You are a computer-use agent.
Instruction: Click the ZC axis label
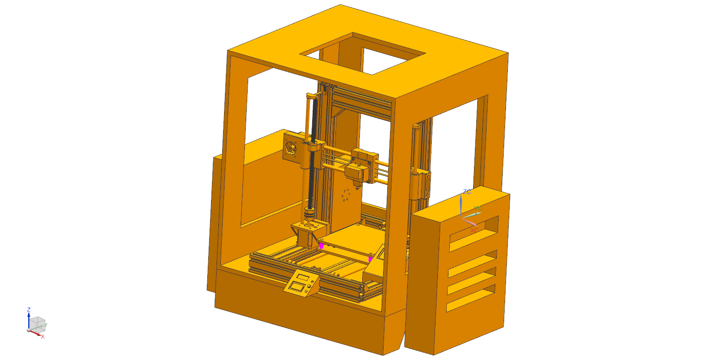click(x=467, y=192)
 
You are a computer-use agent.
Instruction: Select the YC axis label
click(x=478, y=209)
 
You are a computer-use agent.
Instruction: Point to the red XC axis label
click(x=474, y=230)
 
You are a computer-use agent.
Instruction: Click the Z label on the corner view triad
click(x=29, y=309)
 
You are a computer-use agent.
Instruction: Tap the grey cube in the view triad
click(x=38, y=323)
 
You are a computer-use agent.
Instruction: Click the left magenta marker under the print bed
click(x=321, y=246)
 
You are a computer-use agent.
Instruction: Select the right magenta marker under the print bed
click(x=370, y=259)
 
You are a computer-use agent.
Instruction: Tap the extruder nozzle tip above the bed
click(x=356, y=186)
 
